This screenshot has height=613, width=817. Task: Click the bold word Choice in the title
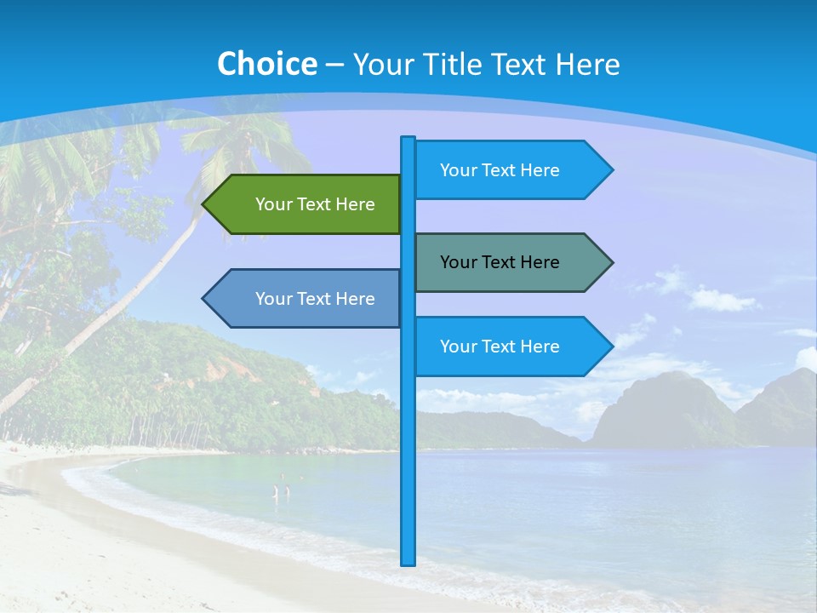(266, 64)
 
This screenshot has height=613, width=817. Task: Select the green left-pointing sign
(306, 204)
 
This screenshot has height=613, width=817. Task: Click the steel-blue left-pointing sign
(306, 299)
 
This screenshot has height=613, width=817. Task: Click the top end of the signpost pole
(408, 140)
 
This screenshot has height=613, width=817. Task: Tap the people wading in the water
(281, 490)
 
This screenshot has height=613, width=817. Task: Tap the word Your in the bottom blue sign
(457, 347)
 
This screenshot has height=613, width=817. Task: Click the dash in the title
(334, 65)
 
